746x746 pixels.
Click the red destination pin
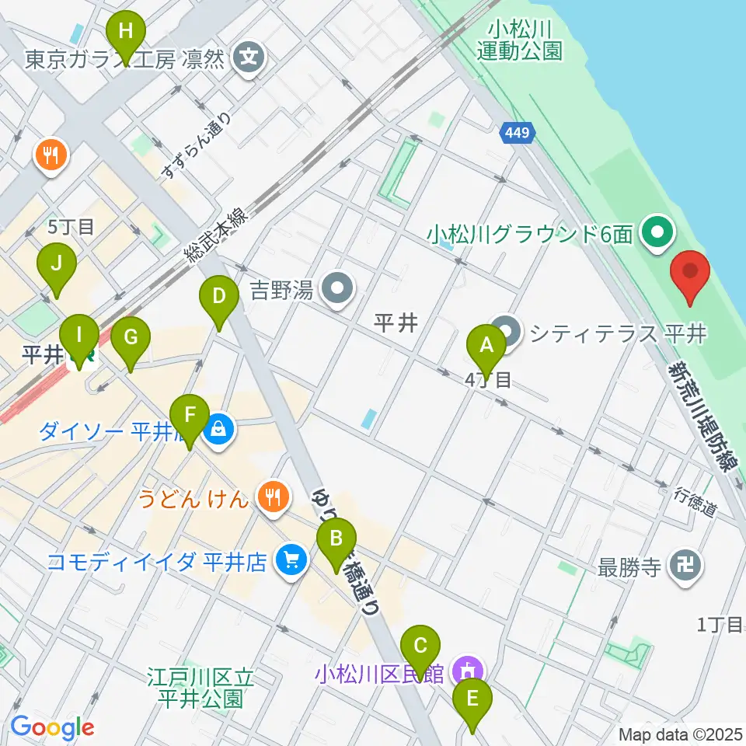690,274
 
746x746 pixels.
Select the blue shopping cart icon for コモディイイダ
292,560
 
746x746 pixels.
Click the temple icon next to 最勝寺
687,566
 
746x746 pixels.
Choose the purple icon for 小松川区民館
468,671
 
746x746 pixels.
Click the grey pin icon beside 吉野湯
337,290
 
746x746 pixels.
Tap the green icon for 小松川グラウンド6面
660,232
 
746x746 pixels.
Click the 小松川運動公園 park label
519,40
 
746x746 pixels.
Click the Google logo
52,727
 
